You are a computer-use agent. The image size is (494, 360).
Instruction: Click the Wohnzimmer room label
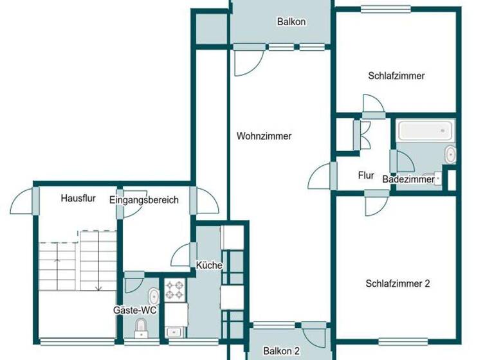(264, 136)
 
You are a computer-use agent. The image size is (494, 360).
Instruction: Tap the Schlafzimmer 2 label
(397, 283)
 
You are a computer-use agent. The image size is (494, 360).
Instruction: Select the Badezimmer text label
(408, 180)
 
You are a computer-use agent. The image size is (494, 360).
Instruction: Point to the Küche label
(210, 265)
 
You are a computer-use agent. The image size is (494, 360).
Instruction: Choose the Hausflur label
(78, 199)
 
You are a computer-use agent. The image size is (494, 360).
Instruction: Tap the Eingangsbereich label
(143, 200)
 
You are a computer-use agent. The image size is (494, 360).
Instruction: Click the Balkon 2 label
(282, 351)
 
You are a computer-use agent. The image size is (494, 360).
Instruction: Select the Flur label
(366, 175)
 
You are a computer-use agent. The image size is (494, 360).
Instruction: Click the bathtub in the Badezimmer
(426, 131)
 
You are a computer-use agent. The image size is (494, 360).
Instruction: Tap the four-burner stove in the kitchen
(174, 290)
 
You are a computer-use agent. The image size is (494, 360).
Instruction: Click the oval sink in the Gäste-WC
(153, 297)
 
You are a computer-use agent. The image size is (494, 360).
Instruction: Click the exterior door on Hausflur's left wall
(25, 199)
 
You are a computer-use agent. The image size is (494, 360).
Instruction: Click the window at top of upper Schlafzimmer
(384, 9)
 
